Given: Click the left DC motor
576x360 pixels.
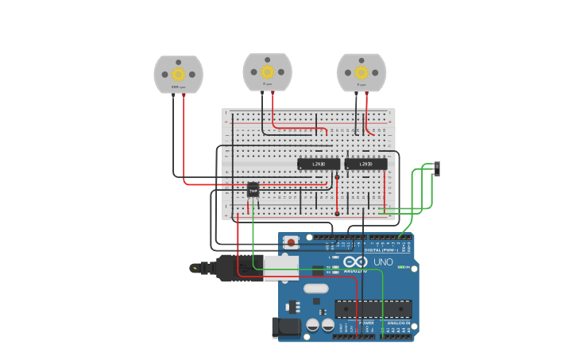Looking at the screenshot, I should tap(178, 74).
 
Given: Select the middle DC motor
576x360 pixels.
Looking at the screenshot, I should tap(267, 72).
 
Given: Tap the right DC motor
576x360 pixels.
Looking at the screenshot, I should tap(361, 72).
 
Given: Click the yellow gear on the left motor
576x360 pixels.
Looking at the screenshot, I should tap(178, 74).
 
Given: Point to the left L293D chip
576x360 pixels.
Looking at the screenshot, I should tap(319, 164).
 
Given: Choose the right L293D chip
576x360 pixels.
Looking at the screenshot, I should tap(366, 164).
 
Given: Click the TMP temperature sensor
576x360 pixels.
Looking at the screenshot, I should tap(253, 189).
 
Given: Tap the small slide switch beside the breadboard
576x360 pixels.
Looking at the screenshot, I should tap(437, 168).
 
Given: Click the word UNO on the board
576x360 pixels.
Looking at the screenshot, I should tap(383, 261).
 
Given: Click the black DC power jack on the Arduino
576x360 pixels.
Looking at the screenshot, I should tap(285, 327).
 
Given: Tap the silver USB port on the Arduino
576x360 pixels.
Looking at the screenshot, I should tap(281, 268).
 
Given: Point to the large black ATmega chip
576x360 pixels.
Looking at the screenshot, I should tap(373, 308).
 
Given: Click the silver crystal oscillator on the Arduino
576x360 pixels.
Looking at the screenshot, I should tap(315, 288).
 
